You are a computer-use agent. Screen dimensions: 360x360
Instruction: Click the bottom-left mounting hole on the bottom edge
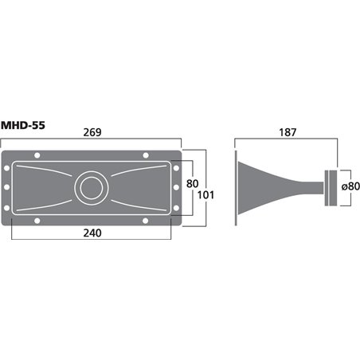36,221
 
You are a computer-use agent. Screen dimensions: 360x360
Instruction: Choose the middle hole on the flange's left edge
8,189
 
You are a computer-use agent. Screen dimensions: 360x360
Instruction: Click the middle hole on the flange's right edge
174,189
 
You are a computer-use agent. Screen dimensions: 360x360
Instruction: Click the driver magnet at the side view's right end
331,189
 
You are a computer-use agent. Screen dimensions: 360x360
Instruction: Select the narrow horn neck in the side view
307,189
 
